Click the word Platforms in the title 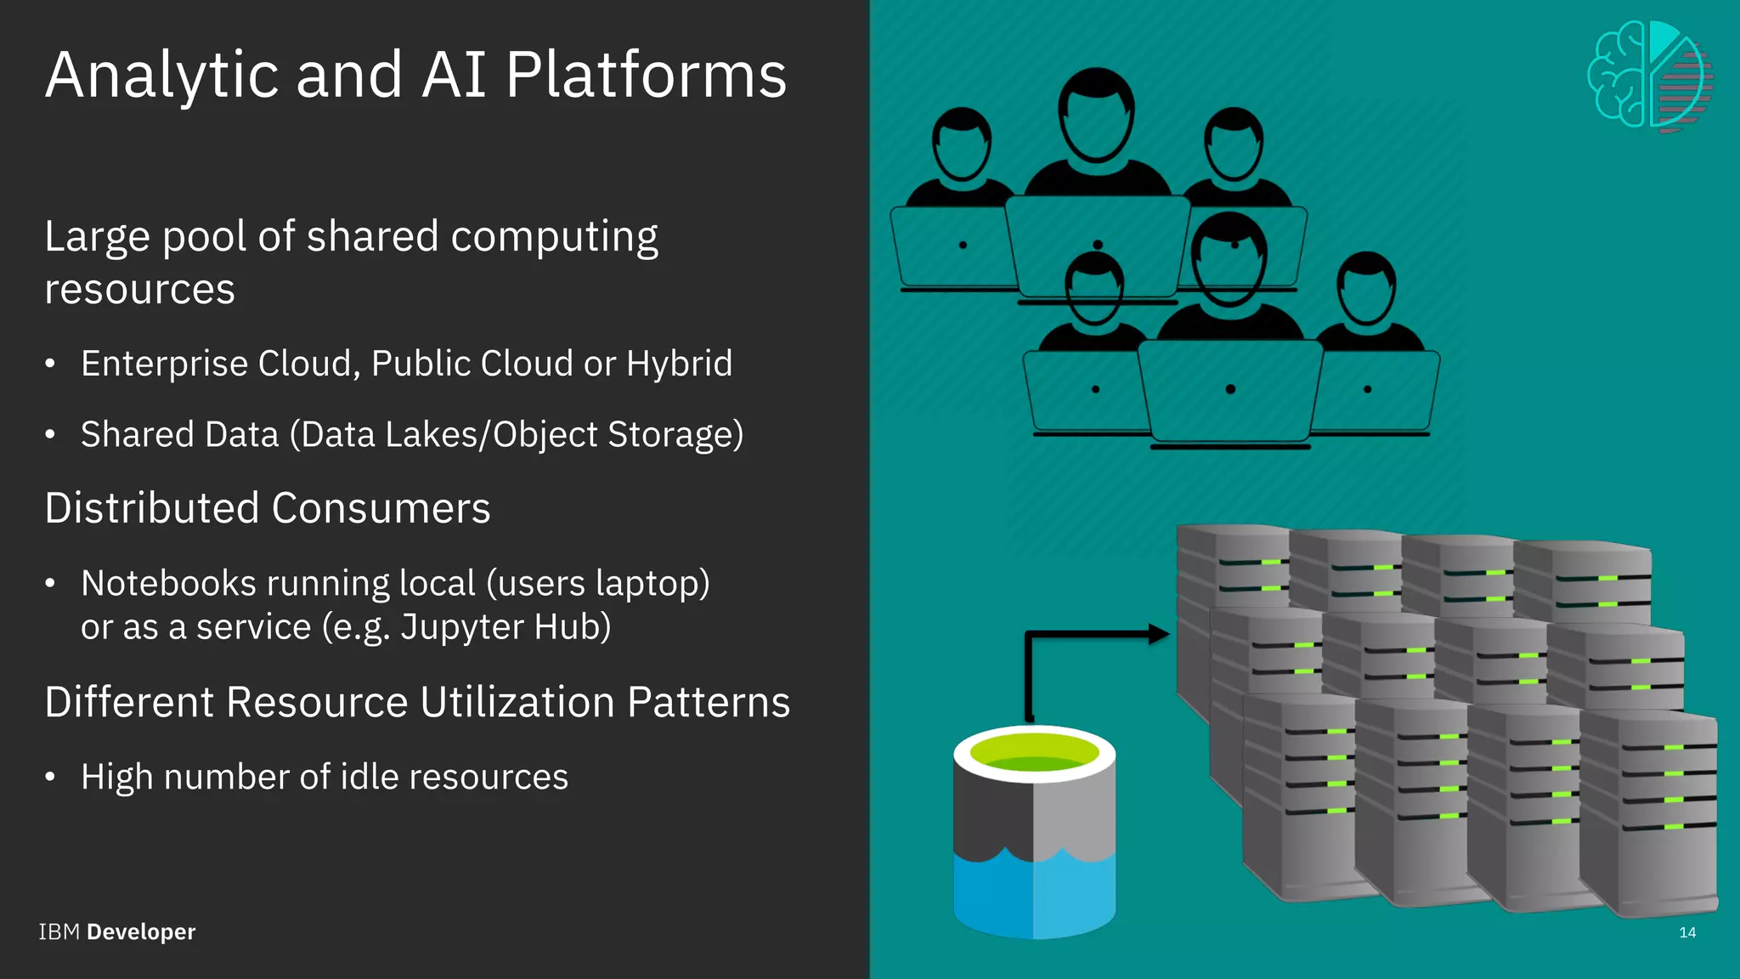pos(646,75)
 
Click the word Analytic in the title pos(161,75)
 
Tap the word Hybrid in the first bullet pos(679,364)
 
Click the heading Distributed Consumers pos(267,508)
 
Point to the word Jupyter pos(450,627)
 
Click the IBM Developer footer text pos(116,931)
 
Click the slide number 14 pos(1687,932)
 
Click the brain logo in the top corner pos(1649,76)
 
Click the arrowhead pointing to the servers pos(1159,633)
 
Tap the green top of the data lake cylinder pos(1034,751)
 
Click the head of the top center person pos(1096,115)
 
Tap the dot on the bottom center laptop pos(1230,389)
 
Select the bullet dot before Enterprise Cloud pos(50,365)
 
